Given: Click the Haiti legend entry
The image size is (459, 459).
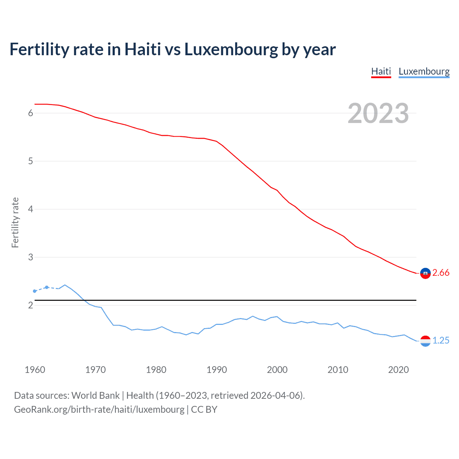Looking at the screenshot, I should [381, 71].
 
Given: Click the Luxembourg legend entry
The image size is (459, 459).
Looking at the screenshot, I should [424, 71].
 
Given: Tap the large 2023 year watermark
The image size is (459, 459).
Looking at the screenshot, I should [378, 113].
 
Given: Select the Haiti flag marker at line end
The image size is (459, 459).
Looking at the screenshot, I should [425, 273].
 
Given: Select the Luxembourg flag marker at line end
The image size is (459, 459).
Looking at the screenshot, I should [425, 341].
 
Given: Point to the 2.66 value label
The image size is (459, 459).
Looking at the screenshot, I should [441, 273].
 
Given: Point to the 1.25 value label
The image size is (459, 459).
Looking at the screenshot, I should [441, 341].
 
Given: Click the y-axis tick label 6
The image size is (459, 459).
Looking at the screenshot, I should [30, 113].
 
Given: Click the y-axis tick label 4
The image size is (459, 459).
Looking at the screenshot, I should [30, 209].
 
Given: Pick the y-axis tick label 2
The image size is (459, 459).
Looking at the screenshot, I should [30, 305].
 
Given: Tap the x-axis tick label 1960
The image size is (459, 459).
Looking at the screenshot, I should [35, 370].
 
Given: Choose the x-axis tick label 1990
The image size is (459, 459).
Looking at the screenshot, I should [217, 370].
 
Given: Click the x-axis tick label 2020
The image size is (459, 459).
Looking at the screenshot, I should [398, 370].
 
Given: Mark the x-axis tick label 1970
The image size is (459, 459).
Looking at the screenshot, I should [95, 370].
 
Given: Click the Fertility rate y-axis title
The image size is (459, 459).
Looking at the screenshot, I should [15, 222].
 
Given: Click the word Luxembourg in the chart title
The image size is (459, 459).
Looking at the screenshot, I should [231, 49].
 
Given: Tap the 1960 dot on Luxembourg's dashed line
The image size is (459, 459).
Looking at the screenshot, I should [35, 291].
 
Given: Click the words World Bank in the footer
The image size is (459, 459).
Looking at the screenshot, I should [95, 396].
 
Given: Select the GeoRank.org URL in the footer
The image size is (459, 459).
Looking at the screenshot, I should [99, 410].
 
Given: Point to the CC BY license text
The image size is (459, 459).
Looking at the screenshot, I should [204, 410].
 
